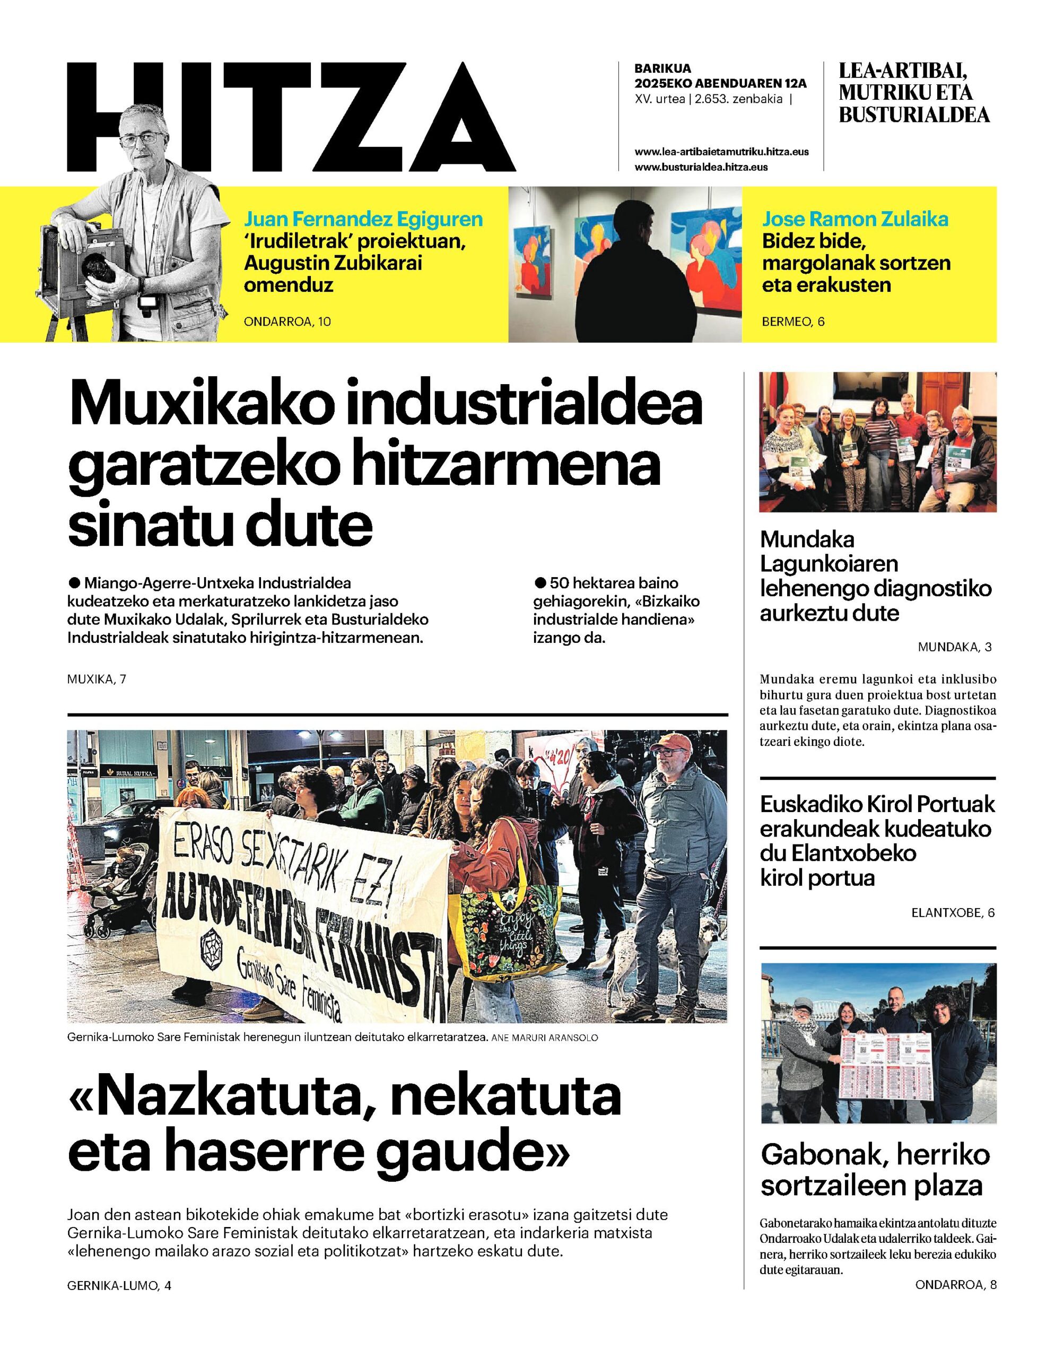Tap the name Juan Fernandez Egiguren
click(363, 219)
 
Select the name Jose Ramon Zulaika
click(856, 219)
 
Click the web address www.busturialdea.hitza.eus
click(701, 167)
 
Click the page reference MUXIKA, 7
click(97, 679)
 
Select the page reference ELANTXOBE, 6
click(953, 913)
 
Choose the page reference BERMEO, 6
click(793, 321)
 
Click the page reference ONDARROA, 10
click(287, 321)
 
